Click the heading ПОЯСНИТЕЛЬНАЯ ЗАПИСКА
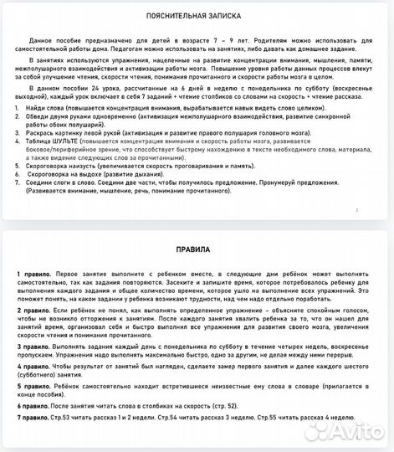coord(197,15)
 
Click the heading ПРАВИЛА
coord(197,249)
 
